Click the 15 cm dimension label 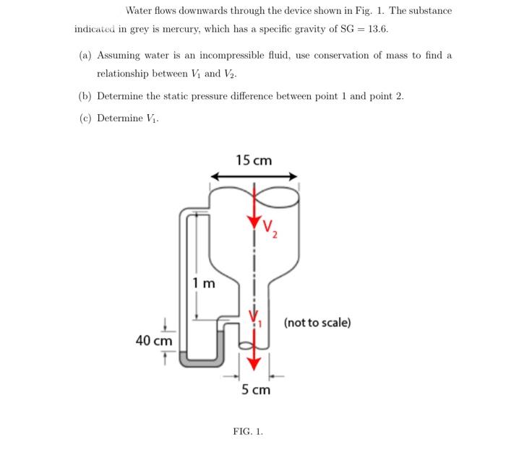click(x=254, y=160)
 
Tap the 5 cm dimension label click(x=255, y=390)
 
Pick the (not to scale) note click(x=317, y=322)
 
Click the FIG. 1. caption click(x=248, y=432)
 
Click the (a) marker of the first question click(x=85, y=56)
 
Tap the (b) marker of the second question click(x=85, y=96)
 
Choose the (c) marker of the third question click(x=85, y=118)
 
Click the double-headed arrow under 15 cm click(x=254, y=176)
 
